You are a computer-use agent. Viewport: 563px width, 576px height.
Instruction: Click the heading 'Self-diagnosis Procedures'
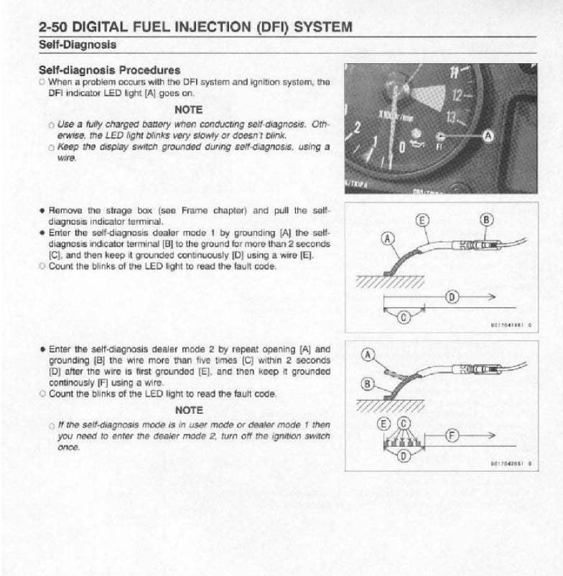(109, 70)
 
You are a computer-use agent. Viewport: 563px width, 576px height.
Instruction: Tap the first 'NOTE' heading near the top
(188, 110)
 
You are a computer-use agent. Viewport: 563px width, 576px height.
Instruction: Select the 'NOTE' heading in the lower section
(188, 410)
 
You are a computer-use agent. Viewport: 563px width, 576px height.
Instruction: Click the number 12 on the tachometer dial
(457, 93)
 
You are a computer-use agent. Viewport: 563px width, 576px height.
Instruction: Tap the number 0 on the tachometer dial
(402, 148)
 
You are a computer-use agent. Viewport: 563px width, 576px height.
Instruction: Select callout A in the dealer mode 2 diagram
(367, 354)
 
